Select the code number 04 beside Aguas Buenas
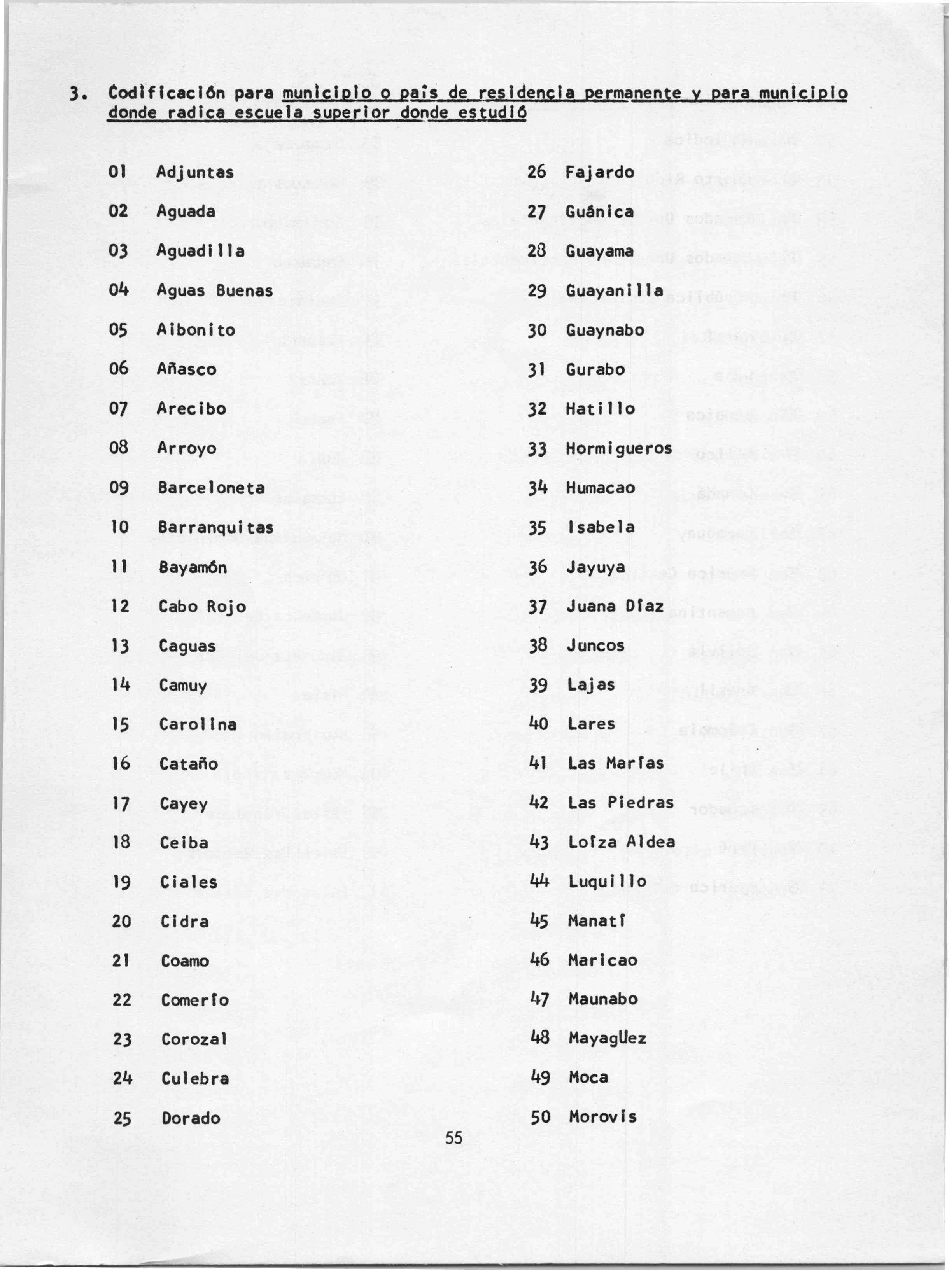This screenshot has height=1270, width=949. click(118, 290)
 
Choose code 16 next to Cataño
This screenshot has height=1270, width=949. click(121, 764)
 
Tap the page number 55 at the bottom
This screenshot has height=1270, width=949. click(453, 1137)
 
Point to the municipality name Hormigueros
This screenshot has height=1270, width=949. click(618, 448)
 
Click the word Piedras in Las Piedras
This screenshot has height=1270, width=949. click(640, 803)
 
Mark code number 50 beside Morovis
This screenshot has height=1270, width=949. click(540, 1117)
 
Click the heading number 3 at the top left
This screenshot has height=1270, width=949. click(74, 94)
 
